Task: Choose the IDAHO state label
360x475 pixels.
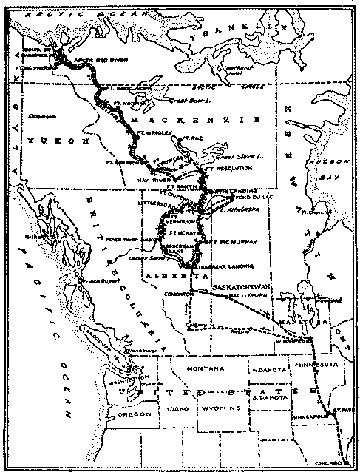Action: point(179,408)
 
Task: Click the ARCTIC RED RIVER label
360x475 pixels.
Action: point(94,65)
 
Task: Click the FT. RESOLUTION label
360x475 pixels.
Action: point(231,168)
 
